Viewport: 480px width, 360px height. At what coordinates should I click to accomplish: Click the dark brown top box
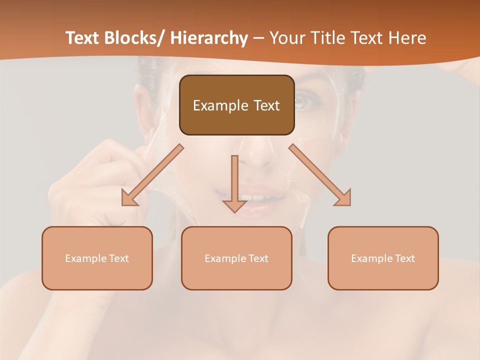(x=236, y=105)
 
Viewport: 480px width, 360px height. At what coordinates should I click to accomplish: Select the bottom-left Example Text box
(x=97, y=258)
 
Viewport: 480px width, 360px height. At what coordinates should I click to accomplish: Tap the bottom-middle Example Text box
(x=236, y=258)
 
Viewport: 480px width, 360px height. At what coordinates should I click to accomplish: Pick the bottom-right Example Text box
(x=383, y=258)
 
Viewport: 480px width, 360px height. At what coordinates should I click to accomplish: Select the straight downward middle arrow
(x=234, y=183)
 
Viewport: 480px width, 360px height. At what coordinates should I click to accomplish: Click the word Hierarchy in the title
(x=209, y=38)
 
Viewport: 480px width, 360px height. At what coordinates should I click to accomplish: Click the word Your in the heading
(x=288, y=38)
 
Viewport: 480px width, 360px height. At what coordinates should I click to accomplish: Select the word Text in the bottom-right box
(x=404, y=258)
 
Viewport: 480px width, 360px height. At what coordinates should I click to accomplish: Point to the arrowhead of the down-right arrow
(x=343, y=198)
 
